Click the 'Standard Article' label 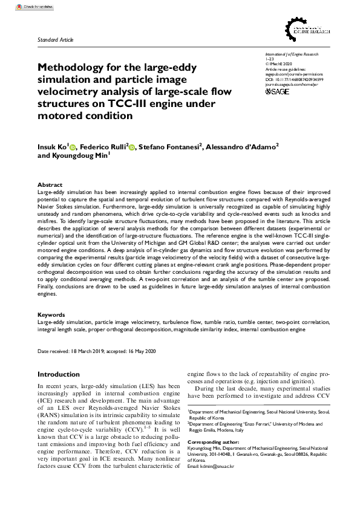(x=55, y=40)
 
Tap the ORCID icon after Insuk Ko (x=73, y=147)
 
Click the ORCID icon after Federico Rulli (x=131, y=147)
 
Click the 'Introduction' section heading (x=58, y=374)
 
